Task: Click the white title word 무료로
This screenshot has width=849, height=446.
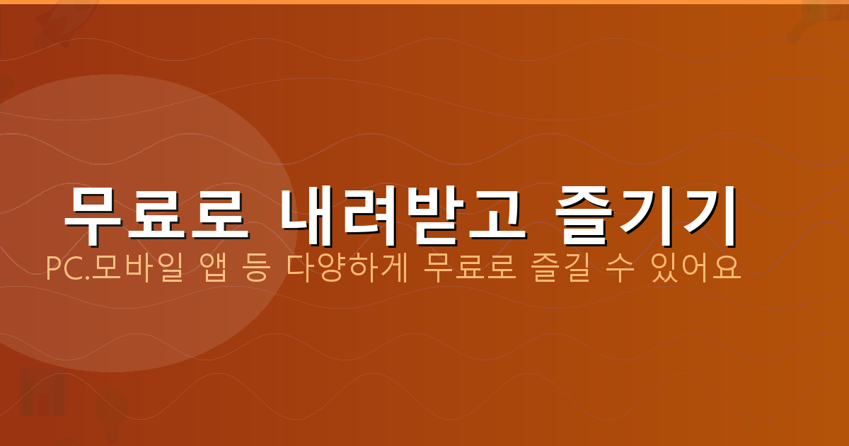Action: click(x=156, y=210)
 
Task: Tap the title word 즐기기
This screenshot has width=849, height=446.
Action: click(x=645, y=210)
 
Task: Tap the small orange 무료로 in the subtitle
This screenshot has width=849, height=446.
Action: click(x=460, y=269)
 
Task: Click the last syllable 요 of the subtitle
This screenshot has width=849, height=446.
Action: click(x=726, y=269)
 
